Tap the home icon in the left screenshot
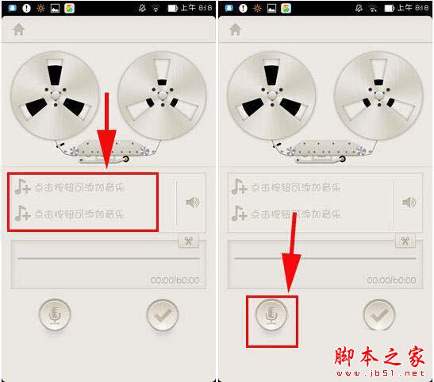click(18, 29)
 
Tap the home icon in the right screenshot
click(235, 29)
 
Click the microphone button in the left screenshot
click(55, 315)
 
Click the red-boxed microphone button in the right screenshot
click(271, 315)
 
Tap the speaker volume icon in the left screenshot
click(192, 202)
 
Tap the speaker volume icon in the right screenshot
click(409, 202)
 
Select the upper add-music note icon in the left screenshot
click(22, 187)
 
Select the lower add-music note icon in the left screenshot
click(22, 213)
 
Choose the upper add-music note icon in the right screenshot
click(239, 187)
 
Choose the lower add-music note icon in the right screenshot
click(239, 213)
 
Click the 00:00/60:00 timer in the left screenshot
click(175, 280)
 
